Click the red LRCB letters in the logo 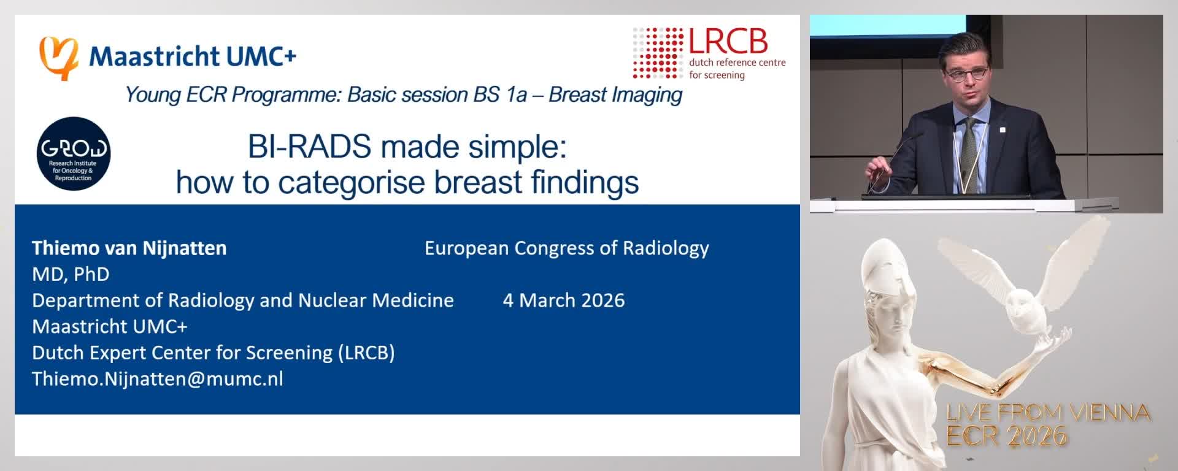[x=728, y=42]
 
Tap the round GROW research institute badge [x=74, y=153]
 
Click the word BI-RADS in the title [x=309, y=147]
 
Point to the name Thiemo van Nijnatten [x=129, y=248]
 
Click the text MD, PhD [x=71, y=274]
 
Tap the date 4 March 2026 [x=563, y=301]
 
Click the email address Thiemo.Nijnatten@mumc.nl [x=157, y=379]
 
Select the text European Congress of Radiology [x=566, y=248]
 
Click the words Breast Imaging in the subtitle [x=615, y=95]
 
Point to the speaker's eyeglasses [x=966, y=74]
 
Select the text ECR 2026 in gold [x=1006, y=436]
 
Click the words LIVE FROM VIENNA [x=1047, y=413]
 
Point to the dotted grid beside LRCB [x=658, y=52]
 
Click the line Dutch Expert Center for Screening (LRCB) [x=213, y=353]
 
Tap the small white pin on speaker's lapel [x=1002, y=129]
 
